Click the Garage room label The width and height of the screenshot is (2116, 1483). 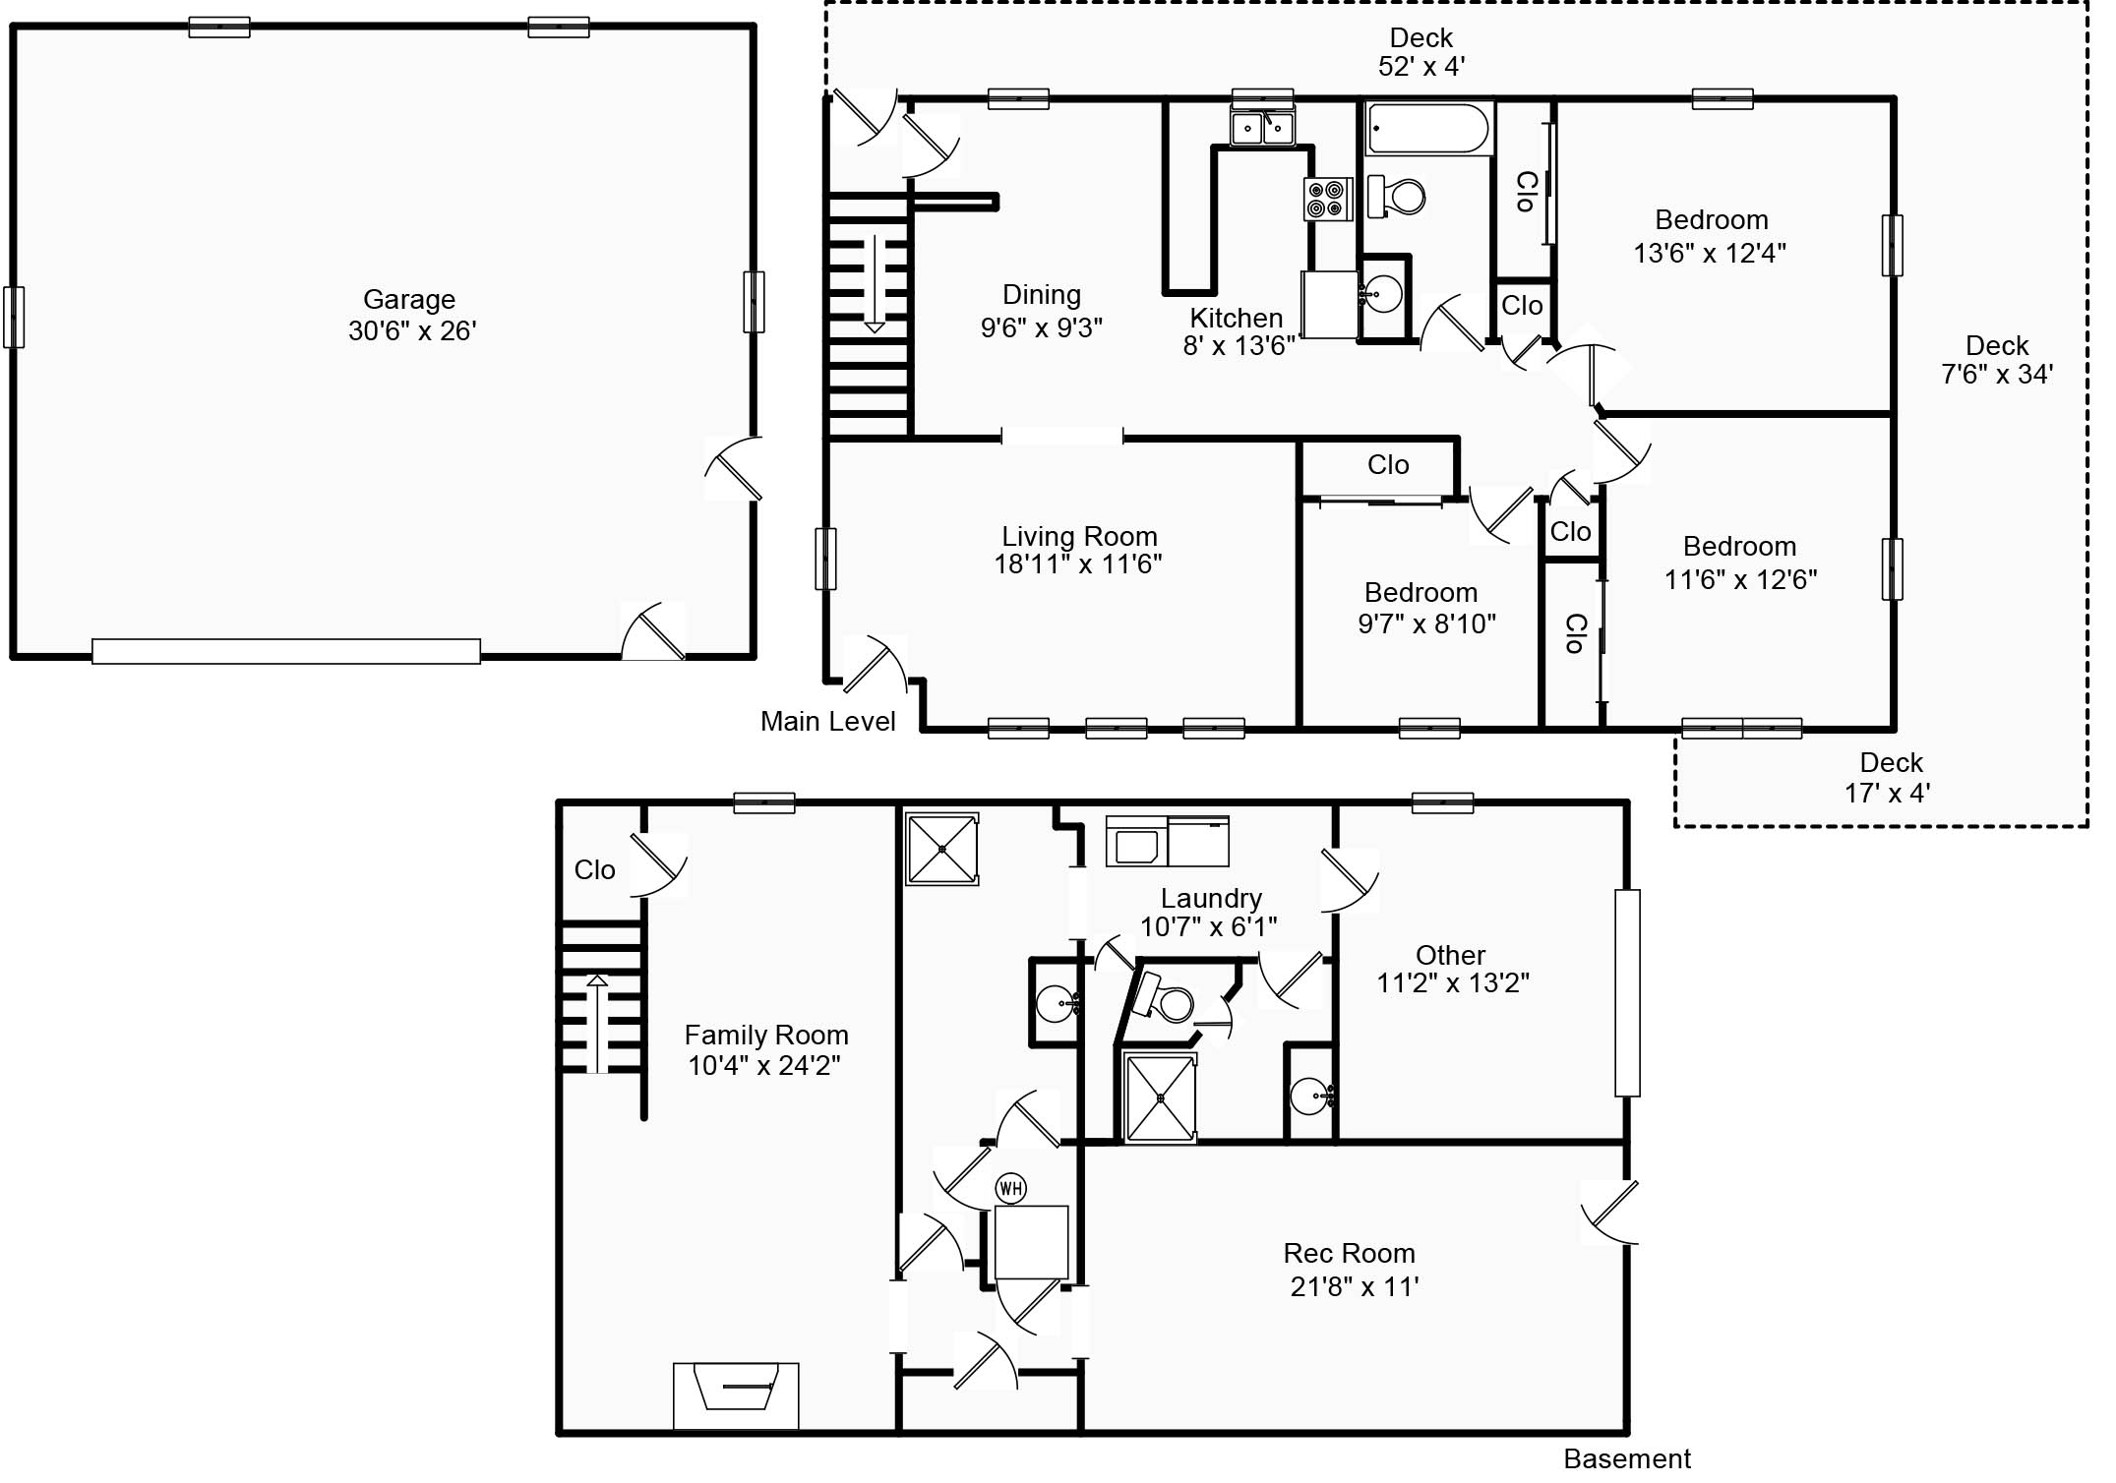pos(410,315)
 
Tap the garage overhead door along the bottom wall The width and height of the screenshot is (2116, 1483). pos(285,652)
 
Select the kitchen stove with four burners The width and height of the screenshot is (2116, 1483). pos(1325,199)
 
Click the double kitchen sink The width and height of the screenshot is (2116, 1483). pos(1262,127)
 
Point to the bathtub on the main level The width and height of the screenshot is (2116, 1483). pos(1427,130)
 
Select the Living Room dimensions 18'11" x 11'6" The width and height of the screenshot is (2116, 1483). pos(1078,564)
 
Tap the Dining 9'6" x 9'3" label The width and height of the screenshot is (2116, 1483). pos(1042,312)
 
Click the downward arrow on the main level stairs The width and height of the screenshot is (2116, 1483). pos(874,285)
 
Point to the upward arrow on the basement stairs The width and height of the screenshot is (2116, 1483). pos(597,1023)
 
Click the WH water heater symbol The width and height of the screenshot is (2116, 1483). pos(1011,1189)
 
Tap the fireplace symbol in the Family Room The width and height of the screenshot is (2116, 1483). pos(736,1394)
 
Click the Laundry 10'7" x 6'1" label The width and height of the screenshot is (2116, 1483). pos(1209,913)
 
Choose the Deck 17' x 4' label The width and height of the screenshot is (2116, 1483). pos(1890,778)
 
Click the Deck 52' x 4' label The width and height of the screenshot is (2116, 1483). pos(1421,52)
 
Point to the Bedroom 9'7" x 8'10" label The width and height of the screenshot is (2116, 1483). pos(1425,608)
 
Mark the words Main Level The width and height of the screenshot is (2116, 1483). pos(827,722)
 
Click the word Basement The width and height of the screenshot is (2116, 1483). pos(1627,1458)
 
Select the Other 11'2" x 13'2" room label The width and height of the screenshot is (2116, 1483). pos(1451,970)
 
